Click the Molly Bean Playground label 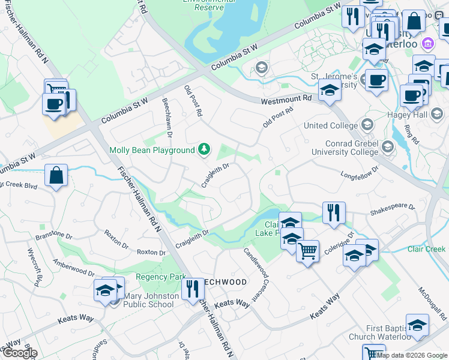pyautogui.click(x=152, y=150)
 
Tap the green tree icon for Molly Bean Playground pyautogui.click(x=204, y=149)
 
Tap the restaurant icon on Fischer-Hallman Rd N pyautogui.click(x=192, y=289)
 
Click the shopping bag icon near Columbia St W pyautogui.click(x=56, y=176)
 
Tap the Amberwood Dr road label pyautogui.click(x=74, y=268)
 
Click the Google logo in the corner pyautogui.click(x=19, y=353)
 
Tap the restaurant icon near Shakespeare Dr pyautogui.click(x=333, y=212)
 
